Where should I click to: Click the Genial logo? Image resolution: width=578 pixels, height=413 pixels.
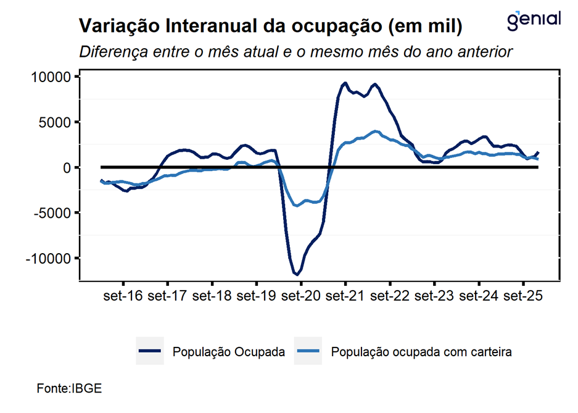534,19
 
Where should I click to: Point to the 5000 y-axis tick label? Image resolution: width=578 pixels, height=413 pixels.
56,122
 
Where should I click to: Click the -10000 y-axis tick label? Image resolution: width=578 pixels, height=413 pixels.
49,258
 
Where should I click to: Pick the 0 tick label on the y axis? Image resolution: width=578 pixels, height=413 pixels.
68,167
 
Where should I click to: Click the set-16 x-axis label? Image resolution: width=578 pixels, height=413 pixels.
123,296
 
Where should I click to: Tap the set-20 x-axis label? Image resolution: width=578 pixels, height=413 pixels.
300,296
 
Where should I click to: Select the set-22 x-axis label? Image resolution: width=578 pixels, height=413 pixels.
390,296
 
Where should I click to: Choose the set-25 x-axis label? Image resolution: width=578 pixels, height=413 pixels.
523,296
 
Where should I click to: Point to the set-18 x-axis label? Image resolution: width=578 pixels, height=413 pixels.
212,296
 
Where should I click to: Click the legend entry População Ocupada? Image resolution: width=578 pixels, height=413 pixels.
229,352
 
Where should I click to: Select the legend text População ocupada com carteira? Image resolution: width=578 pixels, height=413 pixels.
422,352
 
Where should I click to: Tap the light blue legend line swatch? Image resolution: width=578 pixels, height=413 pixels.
310,352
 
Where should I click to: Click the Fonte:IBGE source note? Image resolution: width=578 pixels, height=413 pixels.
69,389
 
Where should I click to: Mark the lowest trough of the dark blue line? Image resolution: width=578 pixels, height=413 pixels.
297,273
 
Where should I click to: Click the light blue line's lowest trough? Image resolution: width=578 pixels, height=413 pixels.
297,206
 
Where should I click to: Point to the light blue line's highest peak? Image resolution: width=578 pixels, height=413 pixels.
376,131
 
